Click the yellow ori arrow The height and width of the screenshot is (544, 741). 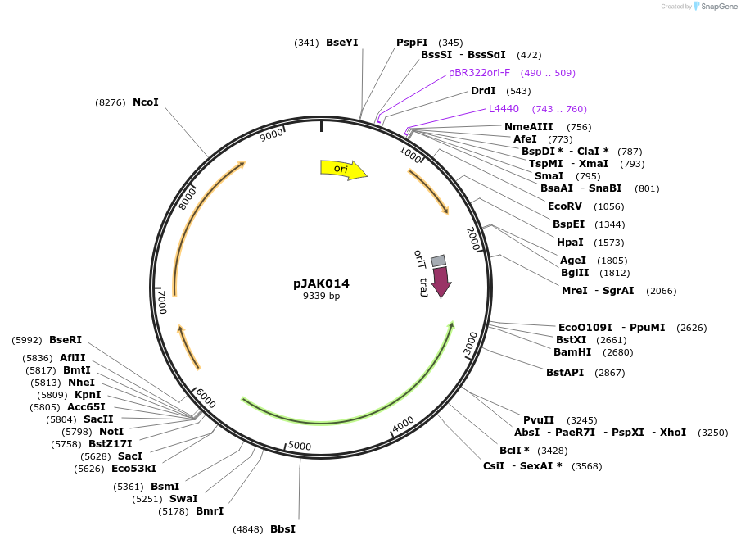click(x=342, y=169)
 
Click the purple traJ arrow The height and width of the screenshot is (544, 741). click(x=441, y=282)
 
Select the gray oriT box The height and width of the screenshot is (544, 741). click(x=439, y=261)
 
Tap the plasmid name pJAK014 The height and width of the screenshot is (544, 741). click(x=322, y=283)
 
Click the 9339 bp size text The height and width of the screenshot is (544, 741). click(x=322, y=296)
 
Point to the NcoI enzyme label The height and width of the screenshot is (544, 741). click(x=146, y=102)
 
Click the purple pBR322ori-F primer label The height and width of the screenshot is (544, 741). click(x=479, y=73)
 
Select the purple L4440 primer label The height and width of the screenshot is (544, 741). click(x=504, y=109)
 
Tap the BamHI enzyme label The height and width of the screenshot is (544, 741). click(x=572, y=352)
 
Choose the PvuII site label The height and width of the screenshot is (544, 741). click(x=540, y=420)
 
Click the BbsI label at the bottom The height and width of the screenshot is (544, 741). click(x=282, y=529)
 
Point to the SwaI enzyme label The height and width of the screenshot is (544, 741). click(x=183, y=499)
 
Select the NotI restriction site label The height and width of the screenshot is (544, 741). click(x=111, y=432)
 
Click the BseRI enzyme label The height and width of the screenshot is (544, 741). click(x=66, y=340)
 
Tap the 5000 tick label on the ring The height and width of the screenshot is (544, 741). click(x=300, y=446)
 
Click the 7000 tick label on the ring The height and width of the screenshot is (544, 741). click(x=162, y=301)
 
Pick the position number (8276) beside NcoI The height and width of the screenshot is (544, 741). click(x=111, y=102)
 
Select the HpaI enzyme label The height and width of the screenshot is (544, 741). click(x=570, y=243)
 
